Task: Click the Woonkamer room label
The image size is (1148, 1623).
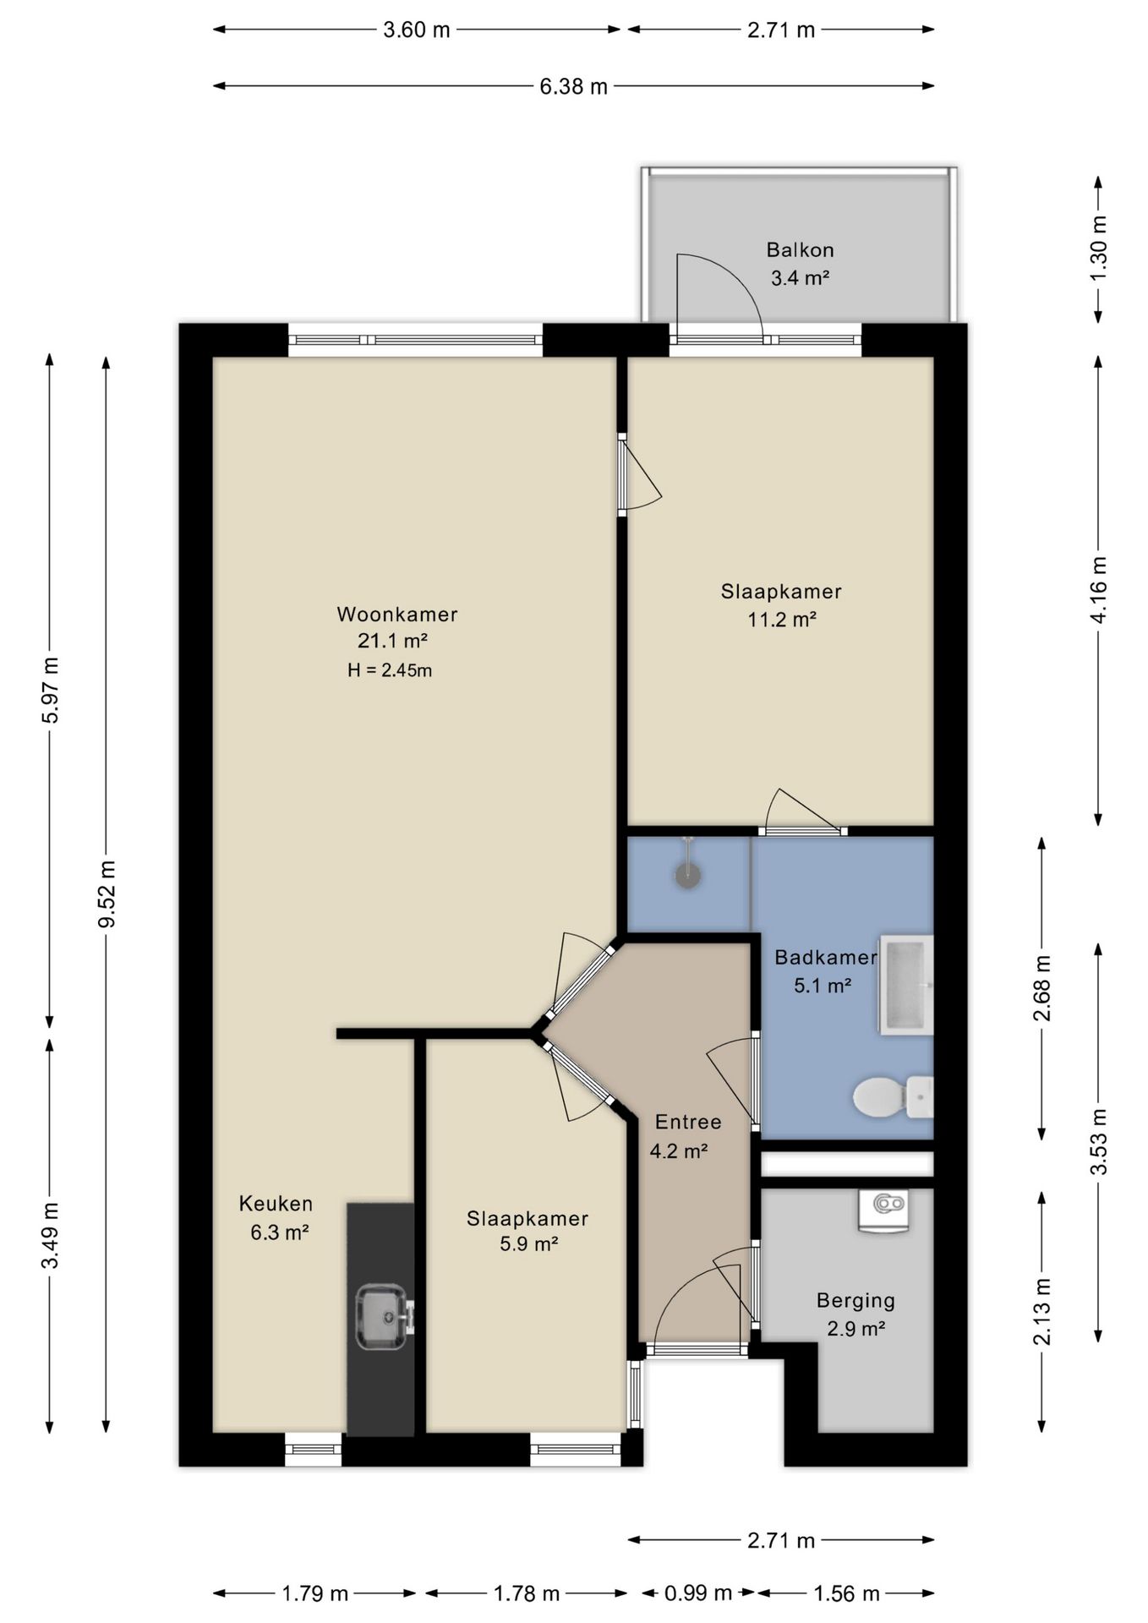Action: (x=397, y=615)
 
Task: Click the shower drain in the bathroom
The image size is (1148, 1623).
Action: (x=688, y=876)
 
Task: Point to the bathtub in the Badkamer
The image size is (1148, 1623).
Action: (x=906, y=985)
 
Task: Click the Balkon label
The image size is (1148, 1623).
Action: (x=800, y=250)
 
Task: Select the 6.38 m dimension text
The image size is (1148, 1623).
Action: (x=573, y=86)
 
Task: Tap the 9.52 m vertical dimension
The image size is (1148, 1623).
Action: (x=107, y=894)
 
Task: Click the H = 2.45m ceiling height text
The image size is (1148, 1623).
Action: (x=390, y=670)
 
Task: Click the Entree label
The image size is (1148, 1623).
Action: (x=688, y=1122)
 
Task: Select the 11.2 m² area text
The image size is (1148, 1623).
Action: (x=781, y=620)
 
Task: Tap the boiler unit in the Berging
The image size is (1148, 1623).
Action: (x=883, y=1210)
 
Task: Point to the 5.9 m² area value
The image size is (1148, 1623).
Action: (x=528, y=1243)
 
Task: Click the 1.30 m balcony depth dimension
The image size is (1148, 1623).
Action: (x=1098, y=249)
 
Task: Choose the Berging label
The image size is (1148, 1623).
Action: (x=856, y=1301)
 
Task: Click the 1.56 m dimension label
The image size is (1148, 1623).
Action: (x=846, y=1593)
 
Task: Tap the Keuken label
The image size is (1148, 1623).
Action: (x=276, y=1204)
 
